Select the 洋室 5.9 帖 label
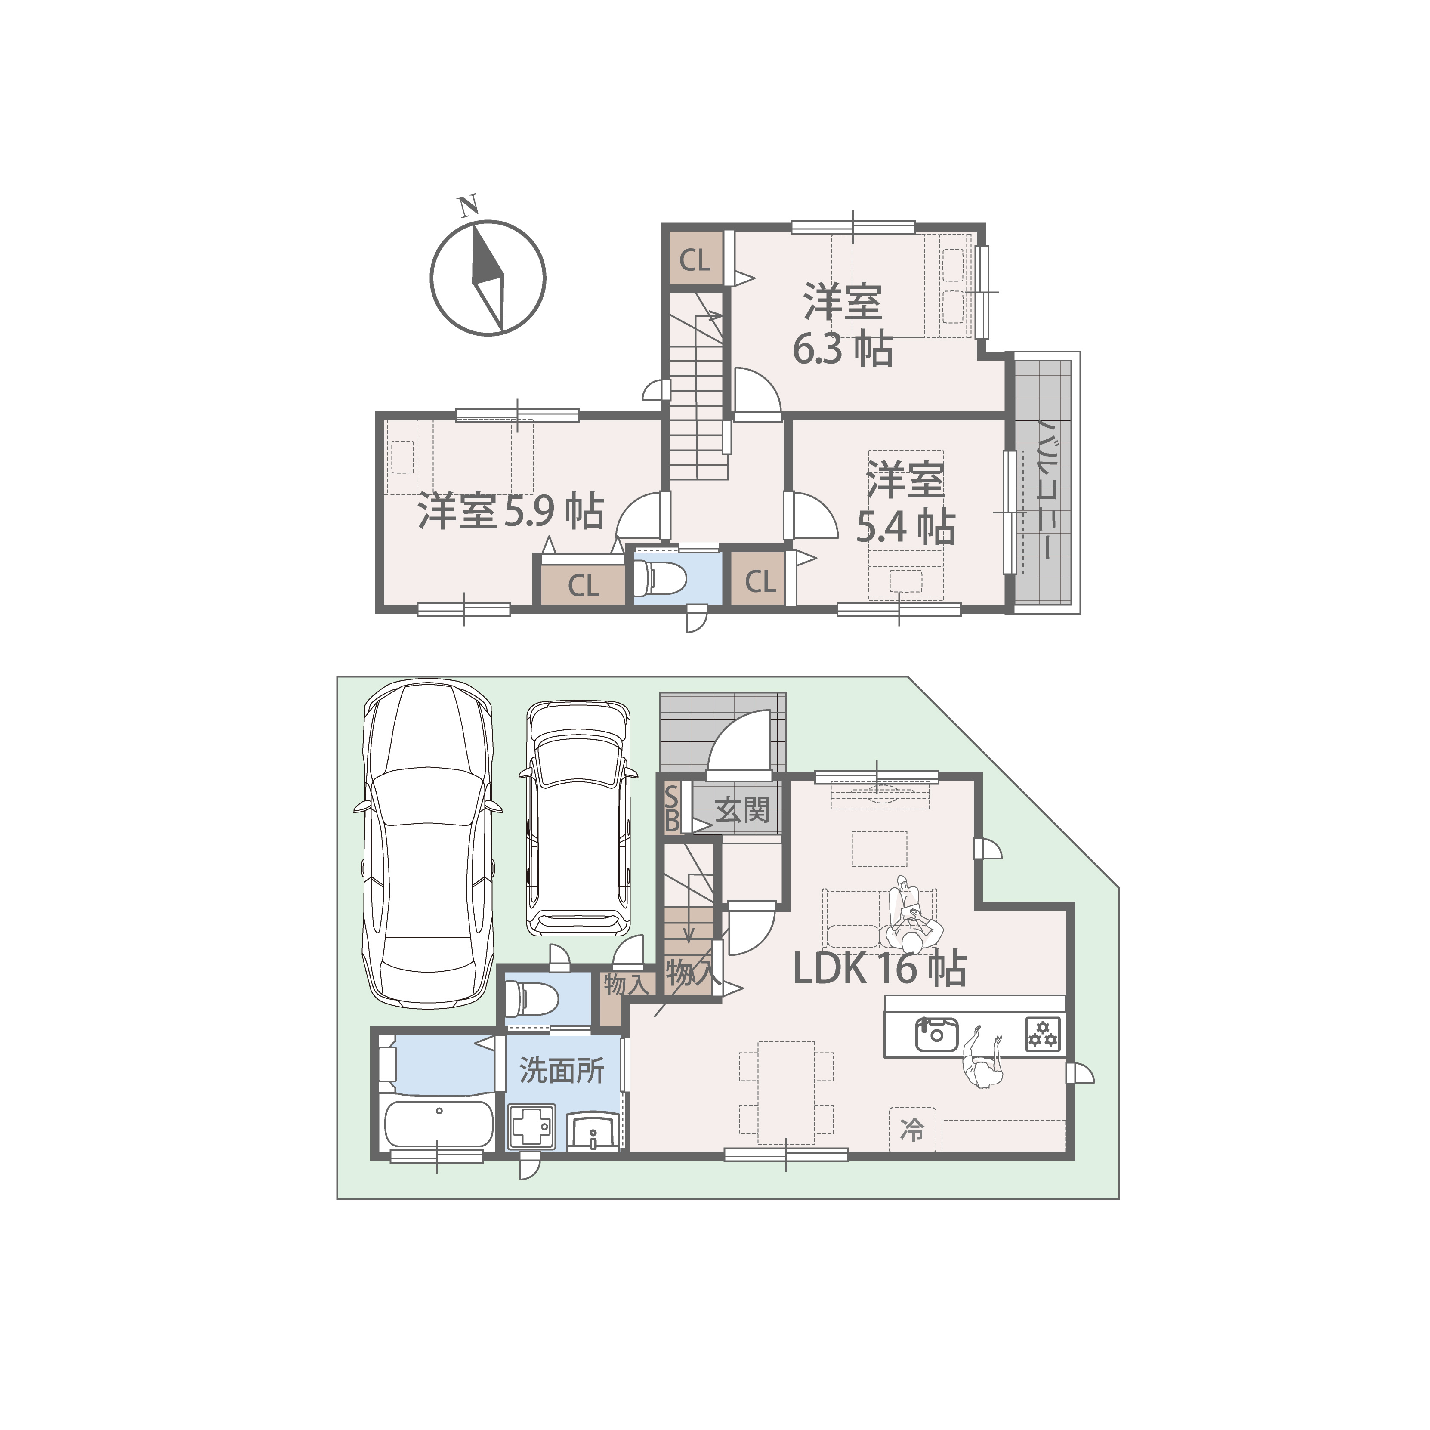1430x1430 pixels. click(x=511, y=511)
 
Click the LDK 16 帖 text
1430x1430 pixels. click(x=879, y=968)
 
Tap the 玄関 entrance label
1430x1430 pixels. click(x=742, y=810)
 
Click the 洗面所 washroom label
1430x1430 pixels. click(x=562, y=1070)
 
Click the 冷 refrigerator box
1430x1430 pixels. click(x=913, y=1130)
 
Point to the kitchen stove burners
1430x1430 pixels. click(x=1042, y=1034)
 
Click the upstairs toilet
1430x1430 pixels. click(x=661, y=578)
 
